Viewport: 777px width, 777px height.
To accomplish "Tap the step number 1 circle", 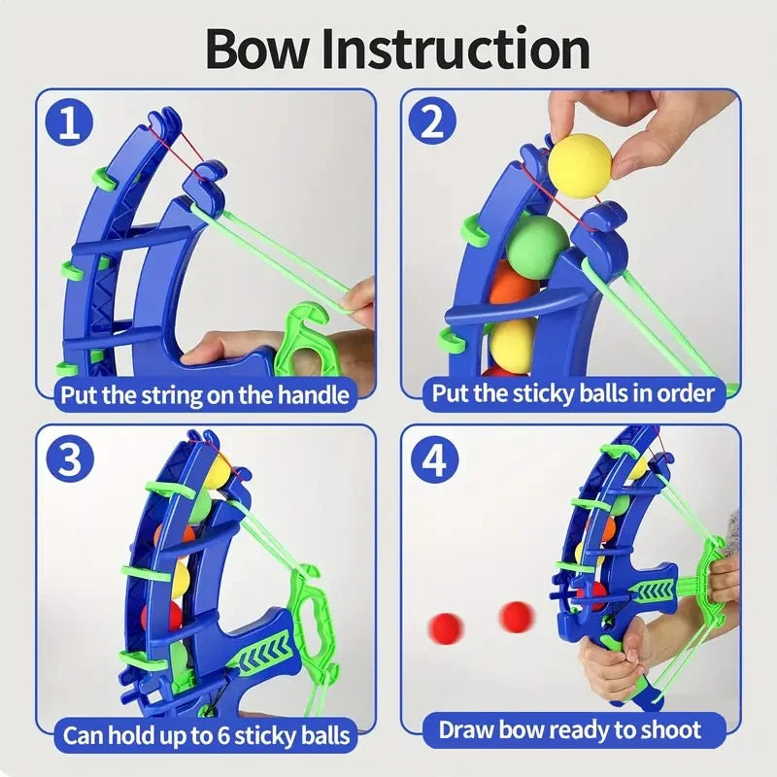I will point(70,123).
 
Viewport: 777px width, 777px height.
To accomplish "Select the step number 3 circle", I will point(70,461).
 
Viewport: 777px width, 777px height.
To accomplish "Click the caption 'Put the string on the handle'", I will point(204,394).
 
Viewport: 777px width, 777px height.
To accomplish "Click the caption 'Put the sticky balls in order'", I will point(573,393).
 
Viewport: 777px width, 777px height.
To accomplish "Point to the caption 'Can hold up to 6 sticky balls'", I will point(206,733).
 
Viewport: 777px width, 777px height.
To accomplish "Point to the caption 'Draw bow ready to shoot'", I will point(569,729).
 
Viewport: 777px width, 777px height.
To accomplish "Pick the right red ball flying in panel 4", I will point(516,615).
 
